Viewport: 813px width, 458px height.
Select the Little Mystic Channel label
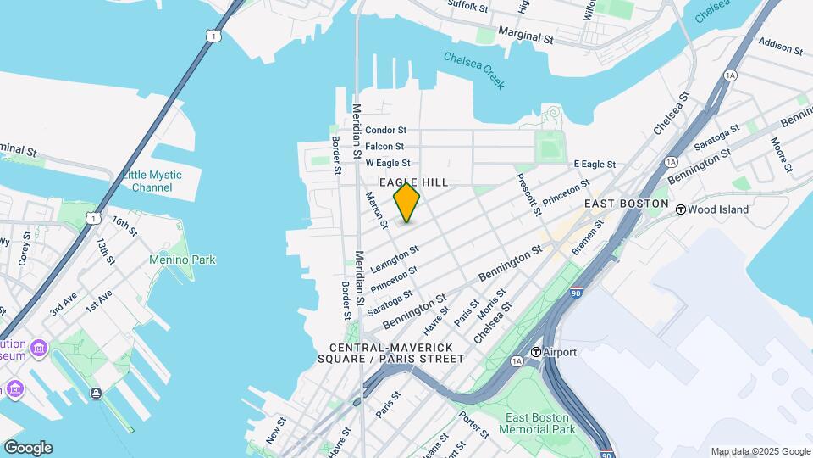point(152,181)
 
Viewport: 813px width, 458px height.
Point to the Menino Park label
point(182,260)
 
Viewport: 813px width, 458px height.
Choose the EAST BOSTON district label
point(626,204)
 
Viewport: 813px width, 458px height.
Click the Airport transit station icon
point(536,352)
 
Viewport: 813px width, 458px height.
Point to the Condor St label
point(386,131)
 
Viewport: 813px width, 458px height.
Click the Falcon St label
point(384,147)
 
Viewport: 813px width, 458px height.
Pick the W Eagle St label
point(388,163)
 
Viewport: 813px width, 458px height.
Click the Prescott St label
point(527,194)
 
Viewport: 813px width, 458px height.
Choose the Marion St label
point(375,209)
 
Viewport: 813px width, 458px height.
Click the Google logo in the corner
point(28,447)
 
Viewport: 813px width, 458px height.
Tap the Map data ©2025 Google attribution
point(760,451)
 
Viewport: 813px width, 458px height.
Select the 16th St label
point(124,225)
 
